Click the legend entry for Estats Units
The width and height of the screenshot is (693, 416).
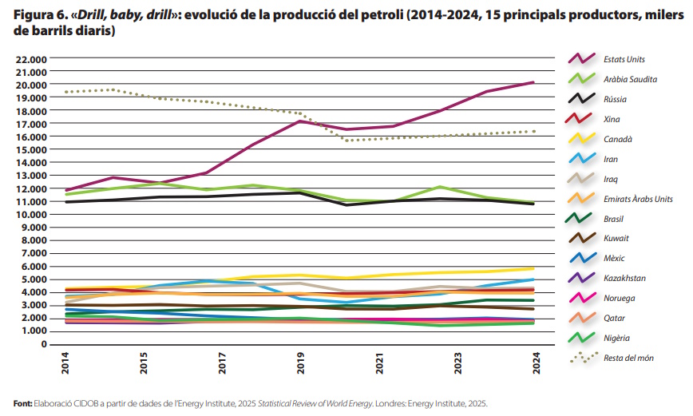(x=624, y=59)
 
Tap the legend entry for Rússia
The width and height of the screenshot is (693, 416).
(x=615, y=99)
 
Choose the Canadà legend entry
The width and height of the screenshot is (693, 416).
(x=617, y=139)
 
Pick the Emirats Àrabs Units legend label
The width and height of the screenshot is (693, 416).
(x=638, y=199)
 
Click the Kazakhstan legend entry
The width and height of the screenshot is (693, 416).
(x=624, y=278)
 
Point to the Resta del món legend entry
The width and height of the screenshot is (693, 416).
(x=628, y=358)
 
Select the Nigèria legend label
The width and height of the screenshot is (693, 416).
(x=616, y=338)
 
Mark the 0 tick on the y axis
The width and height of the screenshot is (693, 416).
(x=46, y=344)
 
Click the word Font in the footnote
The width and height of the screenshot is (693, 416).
(x=22, y=404)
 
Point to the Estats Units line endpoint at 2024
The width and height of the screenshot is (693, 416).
(x=533, y=82)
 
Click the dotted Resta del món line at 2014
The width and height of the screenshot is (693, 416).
(x=66, y=92)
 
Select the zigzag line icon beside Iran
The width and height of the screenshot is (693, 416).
(x=580, y=159)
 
